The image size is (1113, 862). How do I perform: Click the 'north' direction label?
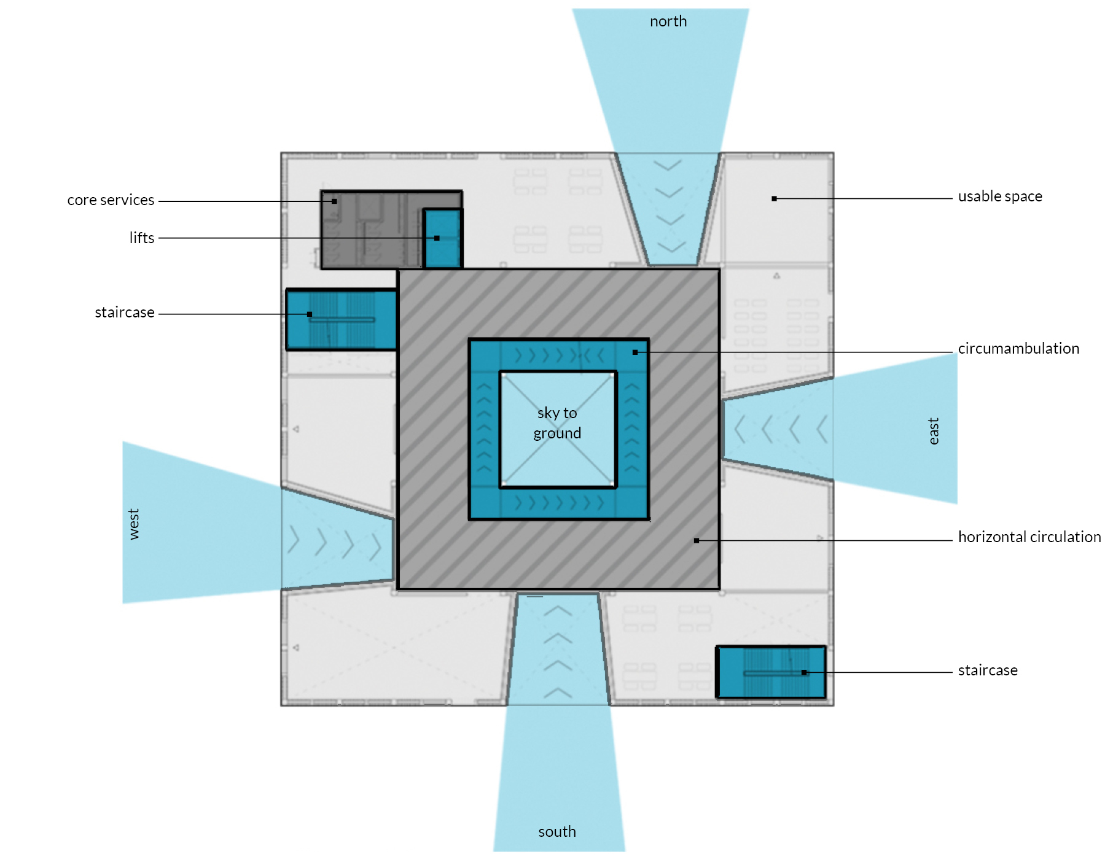click(668, 21)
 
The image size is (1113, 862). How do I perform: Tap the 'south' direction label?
click(557, 832)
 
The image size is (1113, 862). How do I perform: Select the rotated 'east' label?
click(934, 431)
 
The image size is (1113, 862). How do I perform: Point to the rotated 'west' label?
click(134, 524)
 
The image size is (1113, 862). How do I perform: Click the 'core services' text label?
click(111, 200)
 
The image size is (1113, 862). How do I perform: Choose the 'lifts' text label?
click(142, 238)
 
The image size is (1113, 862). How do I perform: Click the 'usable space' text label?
click(1000, 196)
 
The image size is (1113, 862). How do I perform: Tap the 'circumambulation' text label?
click(1018, 349)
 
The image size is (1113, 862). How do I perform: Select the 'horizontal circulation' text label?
click(1029, 537)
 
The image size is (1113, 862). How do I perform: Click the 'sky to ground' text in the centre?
click(557, 423)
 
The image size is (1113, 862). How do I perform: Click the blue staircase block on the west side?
click(342, 319)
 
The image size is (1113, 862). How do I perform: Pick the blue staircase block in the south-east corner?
click(771, 672)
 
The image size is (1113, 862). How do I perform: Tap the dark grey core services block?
click(369, 230)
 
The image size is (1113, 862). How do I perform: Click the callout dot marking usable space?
click(775, 198)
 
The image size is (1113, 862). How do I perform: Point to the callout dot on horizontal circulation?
click(697, 540)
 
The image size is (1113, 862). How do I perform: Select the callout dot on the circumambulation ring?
click(635, 352)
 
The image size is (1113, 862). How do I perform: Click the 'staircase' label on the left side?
click(125, 313)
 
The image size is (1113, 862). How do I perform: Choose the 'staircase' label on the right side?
click(988, 670)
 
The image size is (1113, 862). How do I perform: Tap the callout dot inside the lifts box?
click(437, 238)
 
